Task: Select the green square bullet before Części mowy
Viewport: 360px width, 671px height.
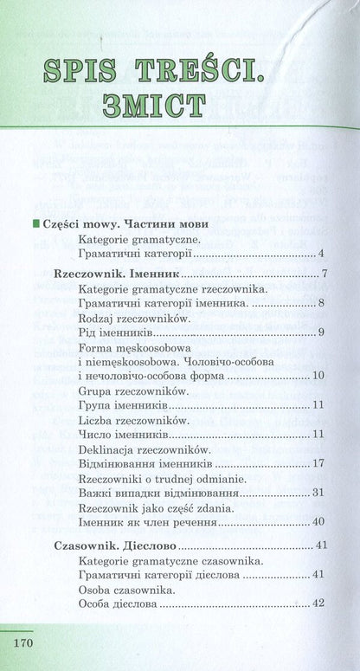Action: tap(35, 223)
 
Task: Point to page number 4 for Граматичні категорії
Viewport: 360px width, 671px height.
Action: tap(320, 254)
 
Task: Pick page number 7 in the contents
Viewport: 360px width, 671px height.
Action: tap(322, 274)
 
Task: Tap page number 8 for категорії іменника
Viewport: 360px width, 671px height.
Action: tap(320, 303)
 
